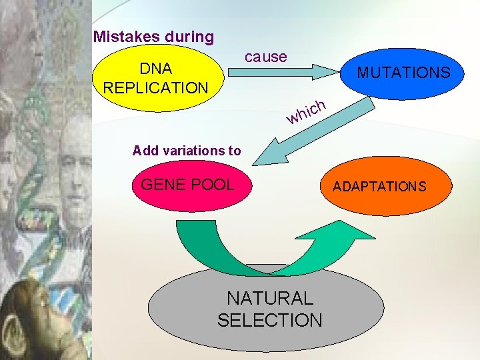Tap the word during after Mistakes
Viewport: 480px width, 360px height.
pos(186,37)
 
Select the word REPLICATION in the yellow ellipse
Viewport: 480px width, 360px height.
pos(155,87)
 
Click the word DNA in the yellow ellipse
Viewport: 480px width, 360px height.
pos(155,69)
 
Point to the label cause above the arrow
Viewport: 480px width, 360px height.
pos(265,57)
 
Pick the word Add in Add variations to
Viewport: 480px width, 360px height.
pos(145,151)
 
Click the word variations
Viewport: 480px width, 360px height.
pos(193,151)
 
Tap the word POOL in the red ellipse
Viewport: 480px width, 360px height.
pos(213,184)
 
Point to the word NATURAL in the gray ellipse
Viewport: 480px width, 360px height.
pos(269,298)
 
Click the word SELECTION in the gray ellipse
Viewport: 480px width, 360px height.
pos(269,320)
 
